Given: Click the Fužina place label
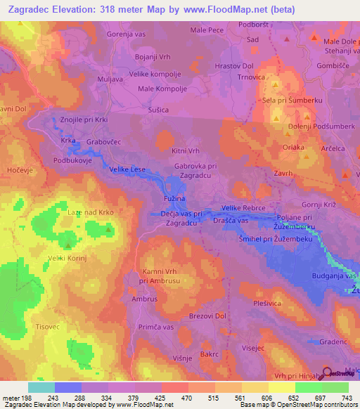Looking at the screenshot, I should pyautogui.click(x=167, y=200).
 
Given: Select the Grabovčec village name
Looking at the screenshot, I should pyautogui.click(x=105, y=141).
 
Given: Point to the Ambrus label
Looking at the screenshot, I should pyautogui.click(x=145, y=299).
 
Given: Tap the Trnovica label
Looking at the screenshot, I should pyautogui.click(x=250, y=77).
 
